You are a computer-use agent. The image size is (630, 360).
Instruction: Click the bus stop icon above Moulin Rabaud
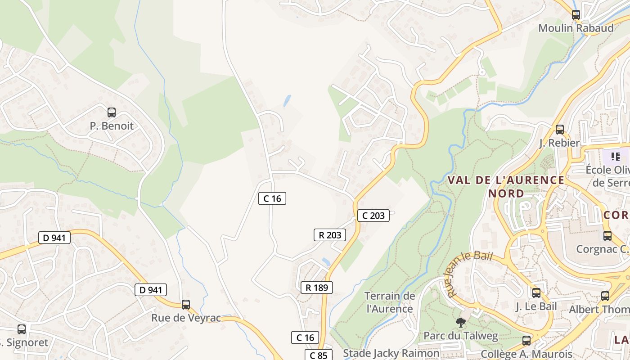(x=576, y=14)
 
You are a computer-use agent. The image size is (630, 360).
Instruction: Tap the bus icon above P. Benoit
(x=112, y=112)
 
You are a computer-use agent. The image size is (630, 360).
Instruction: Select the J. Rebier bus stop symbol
(x=560, y=130)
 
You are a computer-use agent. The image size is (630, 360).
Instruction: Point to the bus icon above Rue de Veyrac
(x=186, y=305)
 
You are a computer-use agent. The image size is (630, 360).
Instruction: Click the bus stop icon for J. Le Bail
(x=536, y=293)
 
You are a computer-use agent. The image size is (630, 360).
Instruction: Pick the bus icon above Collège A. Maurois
(x=526, y=341)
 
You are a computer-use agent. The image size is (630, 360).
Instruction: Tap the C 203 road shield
(x=373, y=216)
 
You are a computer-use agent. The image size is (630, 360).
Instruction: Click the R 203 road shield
(x=330, y=235)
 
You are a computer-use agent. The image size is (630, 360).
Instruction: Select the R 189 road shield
(x=317, y=288)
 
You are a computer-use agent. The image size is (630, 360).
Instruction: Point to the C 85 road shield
(x=319, y=355)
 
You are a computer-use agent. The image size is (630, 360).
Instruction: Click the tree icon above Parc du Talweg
(x=460, y=322)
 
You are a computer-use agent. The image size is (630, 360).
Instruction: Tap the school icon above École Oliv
(x=616, y=157)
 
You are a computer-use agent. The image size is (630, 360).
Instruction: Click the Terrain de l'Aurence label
(x=390, y=302)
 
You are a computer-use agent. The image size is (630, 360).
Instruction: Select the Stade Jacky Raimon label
(x=391, y=353)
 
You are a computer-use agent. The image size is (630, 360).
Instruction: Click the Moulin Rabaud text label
(x=576, y=28)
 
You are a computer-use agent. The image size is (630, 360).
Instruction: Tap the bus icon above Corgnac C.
(x=607, y=235)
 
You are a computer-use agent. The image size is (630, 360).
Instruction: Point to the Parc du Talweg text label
(x=460, y=336)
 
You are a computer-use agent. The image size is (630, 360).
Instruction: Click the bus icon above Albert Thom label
(x=605, y=296)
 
